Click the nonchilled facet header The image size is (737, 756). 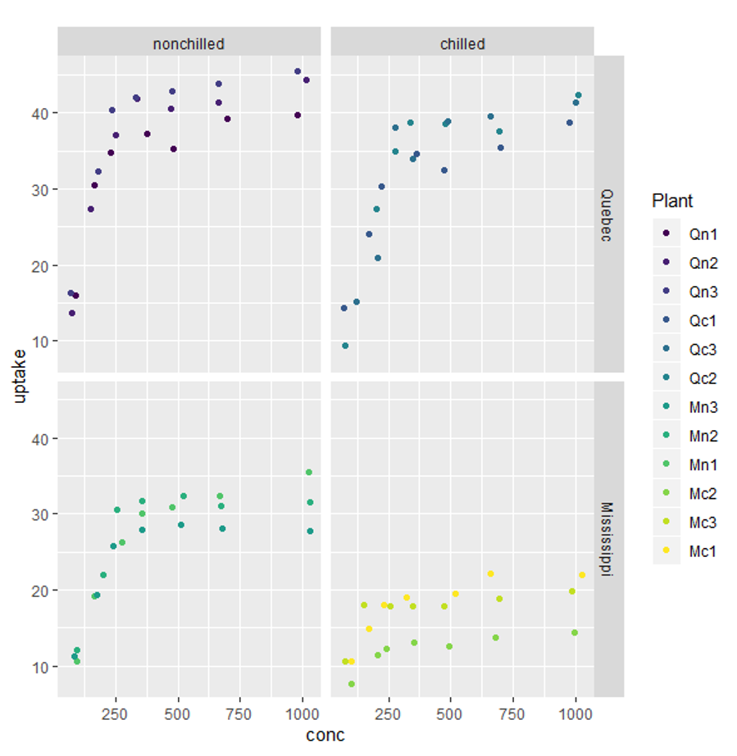coord(189,44)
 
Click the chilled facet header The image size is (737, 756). coord(462,44)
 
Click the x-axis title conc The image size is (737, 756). coord(325,735)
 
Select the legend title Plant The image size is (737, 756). coord(672,201)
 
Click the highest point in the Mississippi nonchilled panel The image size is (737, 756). coord(309,473)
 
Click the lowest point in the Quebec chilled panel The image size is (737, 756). coord(345,346)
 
